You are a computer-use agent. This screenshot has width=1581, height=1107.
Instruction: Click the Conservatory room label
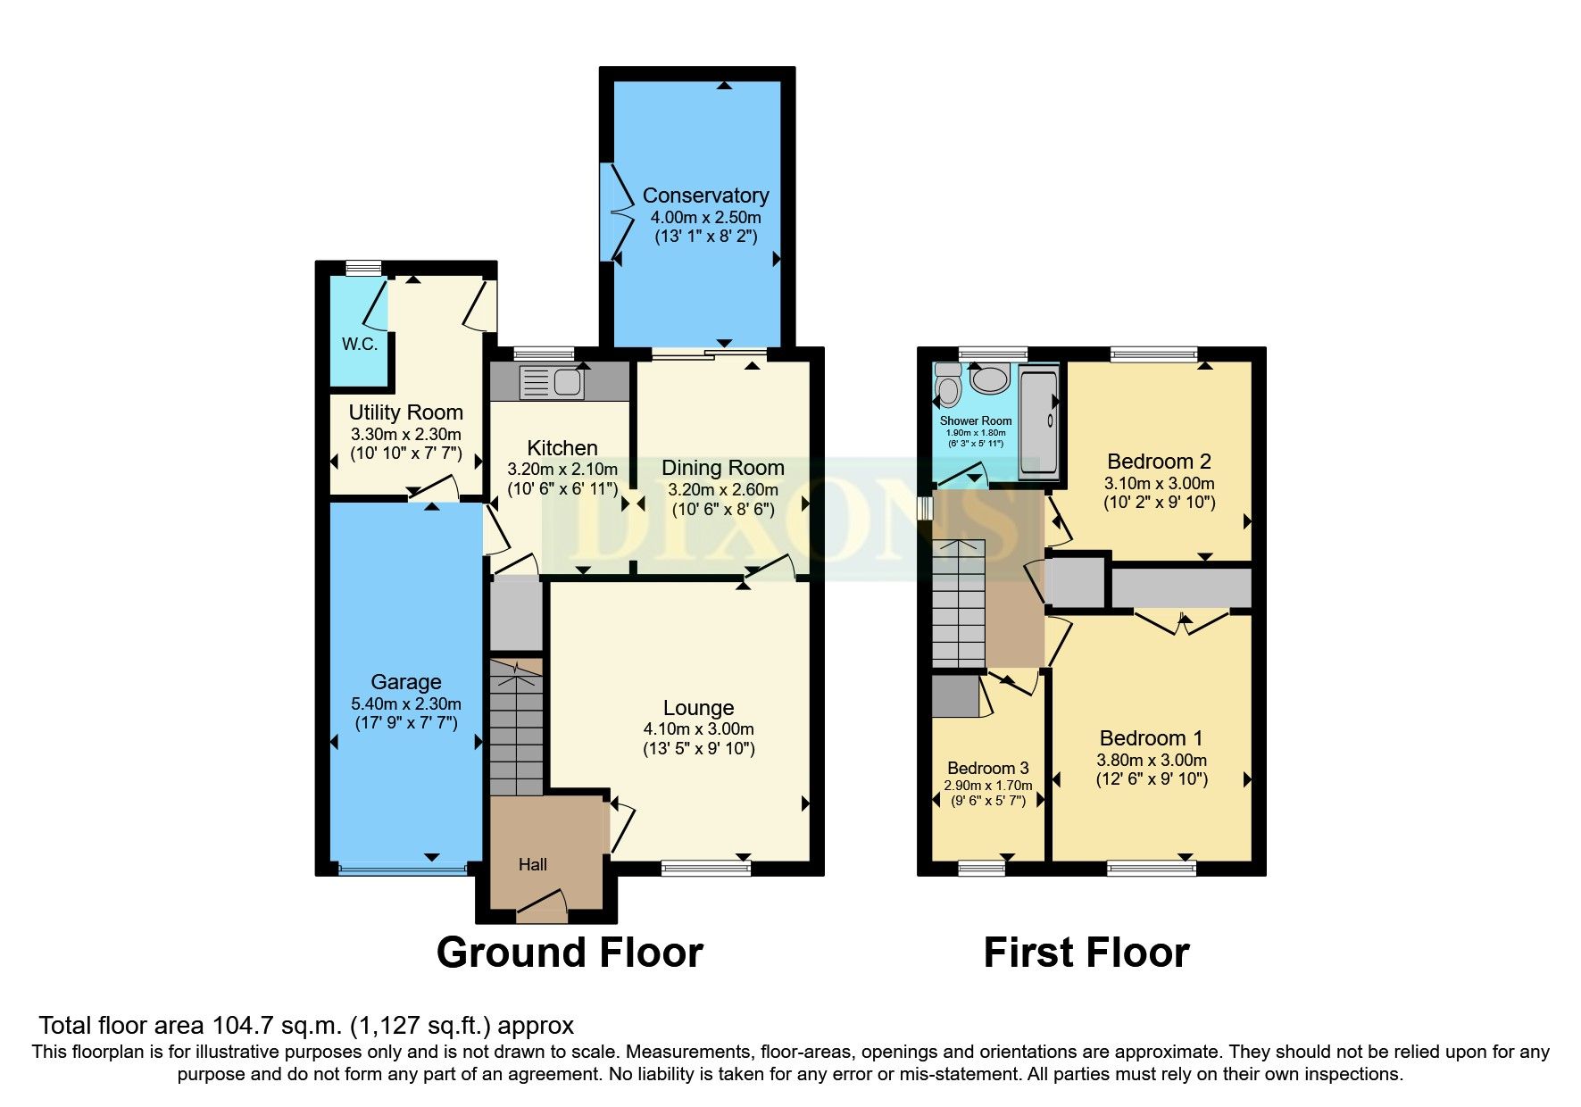705,196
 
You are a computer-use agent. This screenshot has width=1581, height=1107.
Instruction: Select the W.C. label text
360,344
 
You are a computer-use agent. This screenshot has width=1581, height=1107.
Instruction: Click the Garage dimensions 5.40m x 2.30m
406,703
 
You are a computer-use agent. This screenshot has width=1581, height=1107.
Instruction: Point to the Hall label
533,864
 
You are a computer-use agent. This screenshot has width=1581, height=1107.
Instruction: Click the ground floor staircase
516,728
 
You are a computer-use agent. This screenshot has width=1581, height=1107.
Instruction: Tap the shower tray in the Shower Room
1038,424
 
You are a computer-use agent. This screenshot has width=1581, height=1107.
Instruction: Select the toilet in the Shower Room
947,387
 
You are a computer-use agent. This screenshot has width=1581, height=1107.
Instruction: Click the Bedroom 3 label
987,768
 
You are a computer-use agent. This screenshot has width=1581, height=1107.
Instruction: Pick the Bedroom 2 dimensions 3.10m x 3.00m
1160,483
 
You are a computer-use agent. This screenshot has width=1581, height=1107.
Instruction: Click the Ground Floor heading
570,953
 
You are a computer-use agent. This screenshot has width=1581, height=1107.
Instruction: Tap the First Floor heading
1086,953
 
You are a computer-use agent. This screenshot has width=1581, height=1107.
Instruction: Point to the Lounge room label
698,708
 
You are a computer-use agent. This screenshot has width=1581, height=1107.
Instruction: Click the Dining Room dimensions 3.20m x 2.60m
723,489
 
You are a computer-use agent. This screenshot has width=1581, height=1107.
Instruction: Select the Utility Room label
405,412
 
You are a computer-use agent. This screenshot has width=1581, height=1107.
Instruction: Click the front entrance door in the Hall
542,905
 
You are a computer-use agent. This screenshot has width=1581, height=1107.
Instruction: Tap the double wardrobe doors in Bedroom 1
1181,621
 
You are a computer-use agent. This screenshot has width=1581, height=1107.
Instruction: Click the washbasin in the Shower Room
989,379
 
